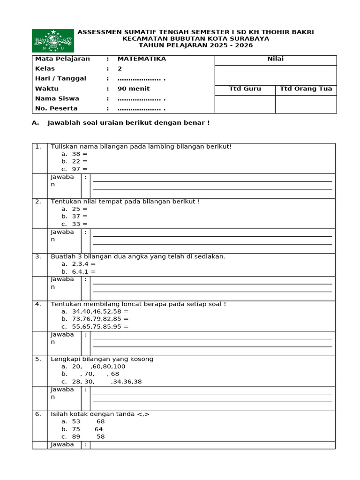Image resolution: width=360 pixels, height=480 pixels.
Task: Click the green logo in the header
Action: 53,41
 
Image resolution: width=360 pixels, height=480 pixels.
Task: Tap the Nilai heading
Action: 275,59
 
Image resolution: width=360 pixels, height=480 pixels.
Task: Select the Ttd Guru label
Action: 245,89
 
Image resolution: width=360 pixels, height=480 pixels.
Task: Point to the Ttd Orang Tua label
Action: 306,89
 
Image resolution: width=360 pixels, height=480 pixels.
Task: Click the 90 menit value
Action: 134,89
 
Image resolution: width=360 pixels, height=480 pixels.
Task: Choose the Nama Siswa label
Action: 57,98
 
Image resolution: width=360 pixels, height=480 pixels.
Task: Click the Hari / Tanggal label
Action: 60,79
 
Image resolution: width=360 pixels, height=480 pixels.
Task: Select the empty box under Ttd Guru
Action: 245,104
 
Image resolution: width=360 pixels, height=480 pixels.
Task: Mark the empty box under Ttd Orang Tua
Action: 306,104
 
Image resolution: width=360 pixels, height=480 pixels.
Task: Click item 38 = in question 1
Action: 80,154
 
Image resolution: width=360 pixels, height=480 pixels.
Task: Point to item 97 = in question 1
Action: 80,169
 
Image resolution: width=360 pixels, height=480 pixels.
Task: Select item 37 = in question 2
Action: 80,217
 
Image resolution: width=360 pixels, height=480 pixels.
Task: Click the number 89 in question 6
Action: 76,437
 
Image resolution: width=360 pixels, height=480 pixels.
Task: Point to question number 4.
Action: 38,304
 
